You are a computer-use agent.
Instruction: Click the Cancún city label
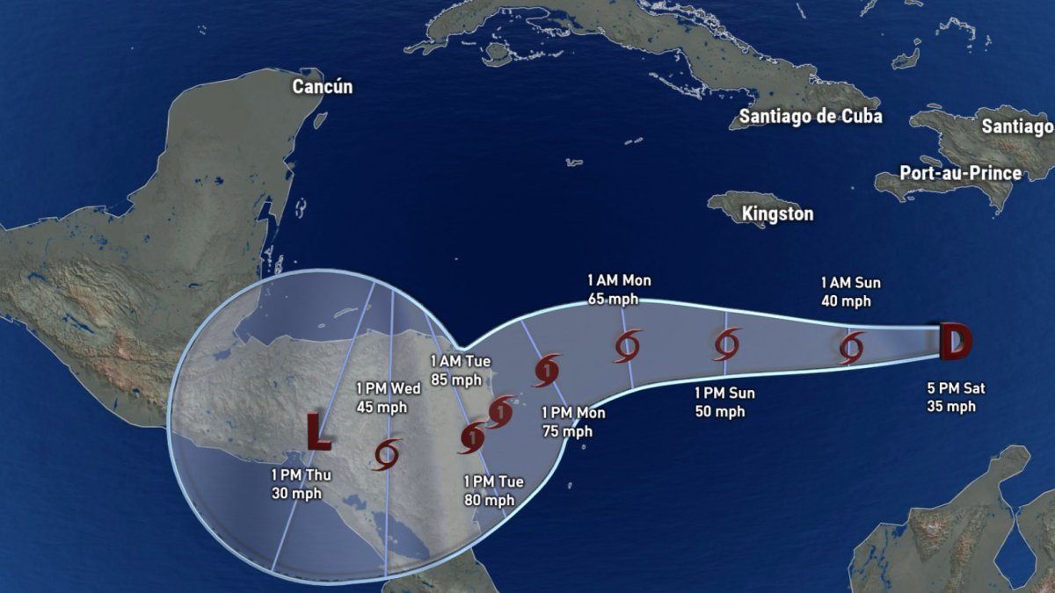pos(322,86)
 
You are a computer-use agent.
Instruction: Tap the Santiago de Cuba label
pos(810,117)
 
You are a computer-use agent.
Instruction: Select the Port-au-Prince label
pos(960,172)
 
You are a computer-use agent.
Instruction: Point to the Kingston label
pos(777,213)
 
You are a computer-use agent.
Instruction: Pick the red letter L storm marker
pos(317,430)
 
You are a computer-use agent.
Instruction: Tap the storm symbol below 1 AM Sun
pos(850,347)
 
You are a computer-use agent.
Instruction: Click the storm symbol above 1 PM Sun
pos(727,344)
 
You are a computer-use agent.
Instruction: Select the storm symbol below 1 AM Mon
pos(627,346)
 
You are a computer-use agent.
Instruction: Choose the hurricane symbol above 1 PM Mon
pos(546,370)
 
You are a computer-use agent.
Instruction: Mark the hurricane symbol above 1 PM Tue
pos(473,438)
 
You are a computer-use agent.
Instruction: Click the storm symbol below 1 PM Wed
pos(387,453)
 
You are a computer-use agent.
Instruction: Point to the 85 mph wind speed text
pos(455,380)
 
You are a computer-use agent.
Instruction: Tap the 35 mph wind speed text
pos(950,406)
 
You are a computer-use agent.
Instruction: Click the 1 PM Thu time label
pos(296,475)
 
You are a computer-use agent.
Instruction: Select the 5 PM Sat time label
pos(950,388)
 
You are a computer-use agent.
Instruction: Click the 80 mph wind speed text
pos(489,500)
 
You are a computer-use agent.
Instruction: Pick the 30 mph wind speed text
pos(296,493)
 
